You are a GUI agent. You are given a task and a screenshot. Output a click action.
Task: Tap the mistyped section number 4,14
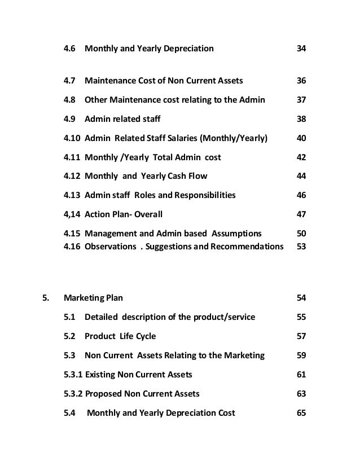(72, 215)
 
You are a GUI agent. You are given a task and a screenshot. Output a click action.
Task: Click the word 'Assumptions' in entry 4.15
(230, 234)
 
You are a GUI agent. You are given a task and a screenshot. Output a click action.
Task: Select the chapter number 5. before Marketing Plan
(46, 298)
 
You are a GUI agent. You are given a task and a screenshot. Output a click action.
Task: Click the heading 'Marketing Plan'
(93, 298)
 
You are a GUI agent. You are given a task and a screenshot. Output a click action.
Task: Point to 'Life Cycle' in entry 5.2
(138, 336)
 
